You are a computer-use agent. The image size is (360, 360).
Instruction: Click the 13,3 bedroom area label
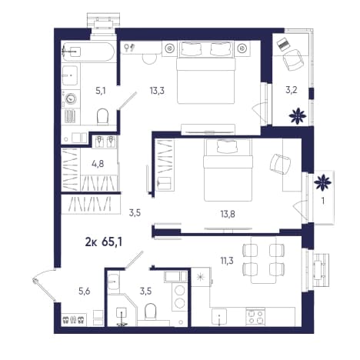(x=157, y=90)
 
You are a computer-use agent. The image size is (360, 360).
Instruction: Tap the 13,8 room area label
(x=228, y=214)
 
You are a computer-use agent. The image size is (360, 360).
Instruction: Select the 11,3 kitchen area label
(x=227, y=261)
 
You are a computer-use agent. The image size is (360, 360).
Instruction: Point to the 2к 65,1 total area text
(x=103, y=242)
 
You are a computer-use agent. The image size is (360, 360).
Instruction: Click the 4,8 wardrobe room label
(x=98, y=163)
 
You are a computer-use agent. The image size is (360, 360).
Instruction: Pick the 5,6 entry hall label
(x=85, y=291)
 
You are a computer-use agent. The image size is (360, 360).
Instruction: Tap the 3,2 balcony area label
(x=292, y=90)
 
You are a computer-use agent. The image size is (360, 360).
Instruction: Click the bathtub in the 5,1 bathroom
(x=88, y=52)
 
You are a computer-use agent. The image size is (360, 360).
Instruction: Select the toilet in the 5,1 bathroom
(x=103, y=117)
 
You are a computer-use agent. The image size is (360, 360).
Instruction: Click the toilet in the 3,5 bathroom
(x=150, y=311)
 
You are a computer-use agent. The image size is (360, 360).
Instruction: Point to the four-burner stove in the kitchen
(x=255, y=317)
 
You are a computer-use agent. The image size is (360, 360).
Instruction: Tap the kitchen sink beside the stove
(x=219, y=317)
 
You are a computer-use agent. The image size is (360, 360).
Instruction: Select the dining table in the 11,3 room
(x=264, y=260)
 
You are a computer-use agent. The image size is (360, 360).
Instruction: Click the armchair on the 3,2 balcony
(x=293, y=61)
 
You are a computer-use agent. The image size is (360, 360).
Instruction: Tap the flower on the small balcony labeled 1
(x=323, y=182)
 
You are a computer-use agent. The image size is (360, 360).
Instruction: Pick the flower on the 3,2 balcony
(x=298, y=116)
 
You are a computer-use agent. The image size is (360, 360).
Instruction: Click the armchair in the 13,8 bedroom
(x=280, y=164)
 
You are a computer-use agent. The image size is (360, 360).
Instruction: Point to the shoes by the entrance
(x=73, y=319)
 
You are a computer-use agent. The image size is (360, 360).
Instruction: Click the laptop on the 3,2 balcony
(x=283, y=45)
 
